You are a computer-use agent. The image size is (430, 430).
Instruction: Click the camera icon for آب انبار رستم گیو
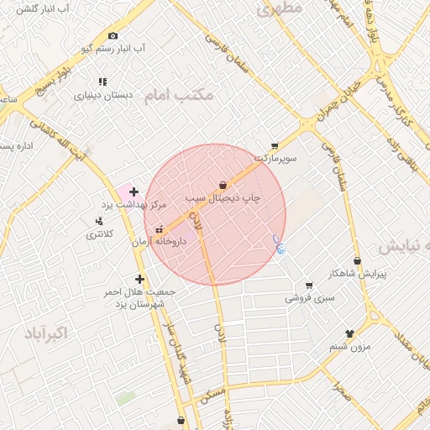tap(113, 35)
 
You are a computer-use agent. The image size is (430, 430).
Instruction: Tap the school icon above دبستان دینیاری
tap(102, 81)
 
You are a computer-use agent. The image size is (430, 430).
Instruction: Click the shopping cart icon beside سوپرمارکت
tap(275, 145)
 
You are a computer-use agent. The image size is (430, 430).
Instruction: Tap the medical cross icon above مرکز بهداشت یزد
tap(134, 191)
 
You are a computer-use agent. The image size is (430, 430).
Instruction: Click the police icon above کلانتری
tap(100, 222)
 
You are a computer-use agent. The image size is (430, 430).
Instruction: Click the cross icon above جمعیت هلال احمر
tap(139, 279)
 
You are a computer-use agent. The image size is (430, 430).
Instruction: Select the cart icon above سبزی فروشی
tap(309, 286)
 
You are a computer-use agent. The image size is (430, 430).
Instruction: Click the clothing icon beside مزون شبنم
tap(349, 333)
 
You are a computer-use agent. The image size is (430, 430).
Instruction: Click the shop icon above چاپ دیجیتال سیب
tap(223, 185)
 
